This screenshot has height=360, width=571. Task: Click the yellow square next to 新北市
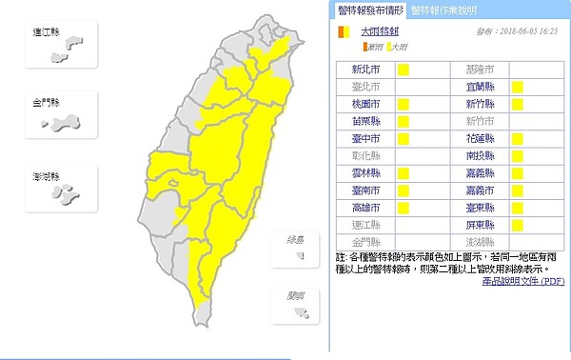[404, 70]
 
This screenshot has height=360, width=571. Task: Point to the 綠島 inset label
[296, 239]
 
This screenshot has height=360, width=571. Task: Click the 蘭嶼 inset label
[296, 295]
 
